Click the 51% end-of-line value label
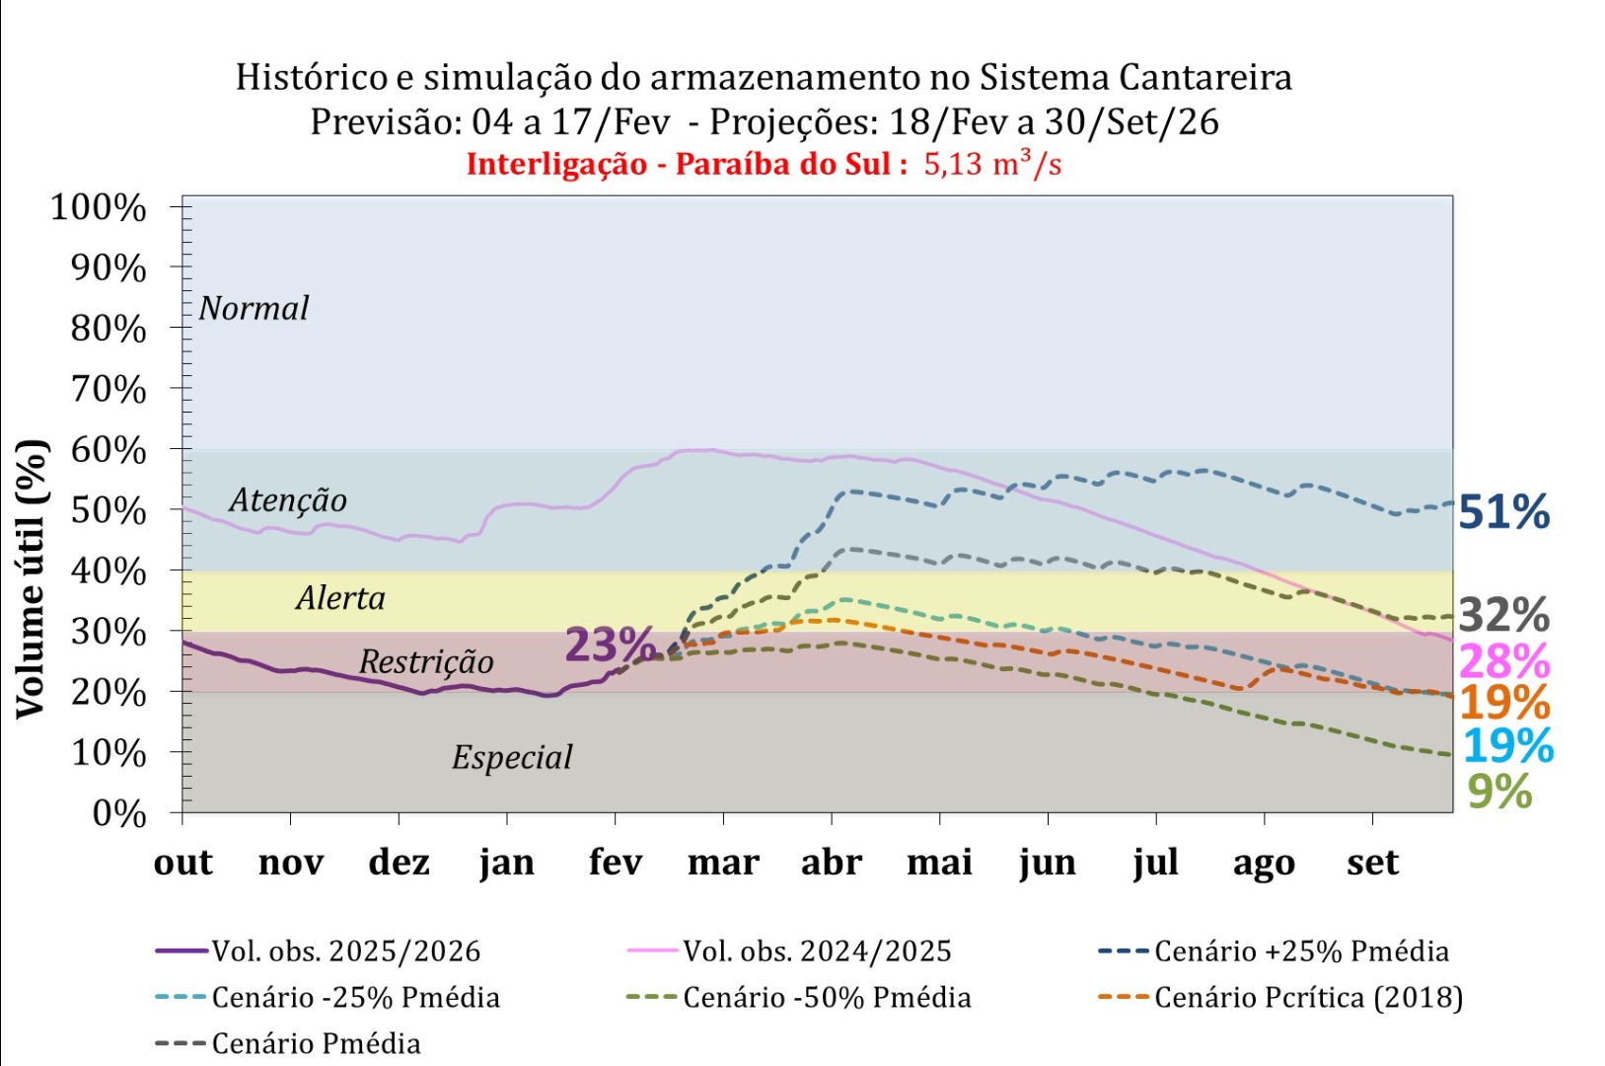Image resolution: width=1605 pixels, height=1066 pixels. click(1503, 512)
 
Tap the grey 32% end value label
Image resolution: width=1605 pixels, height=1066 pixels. click(1503, 615)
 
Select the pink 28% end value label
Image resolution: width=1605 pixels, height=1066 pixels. click(1503, 660)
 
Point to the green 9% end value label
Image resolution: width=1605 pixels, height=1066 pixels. click(1499, 792)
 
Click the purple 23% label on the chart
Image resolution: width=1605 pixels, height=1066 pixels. click(610, 646)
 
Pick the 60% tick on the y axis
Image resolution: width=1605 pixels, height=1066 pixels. click(109, 450)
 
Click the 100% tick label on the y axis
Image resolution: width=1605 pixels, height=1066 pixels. click(99, 208)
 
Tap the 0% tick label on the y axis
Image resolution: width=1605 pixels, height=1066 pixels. click(118, 814)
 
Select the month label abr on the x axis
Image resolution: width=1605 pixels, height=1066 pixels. click(832, 863)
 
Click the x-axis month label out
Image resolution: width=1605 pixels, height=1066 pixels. click(183, 863)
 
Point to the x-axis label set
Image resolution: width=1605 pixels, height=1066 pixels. click(1372, 863)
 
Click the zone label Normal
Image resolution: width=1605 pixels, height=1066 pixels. click(254, 309)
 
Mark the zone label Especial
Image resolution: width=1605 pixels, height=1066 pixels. click(512, 758)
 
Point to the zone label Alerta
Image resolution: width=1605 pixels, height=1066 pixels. click(340, 598)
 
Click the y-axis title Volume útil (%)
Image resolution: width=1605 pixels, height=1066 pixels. click(32, 578)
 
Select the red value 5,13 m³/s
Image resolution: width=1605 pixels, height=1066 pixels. click(992, 164)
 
